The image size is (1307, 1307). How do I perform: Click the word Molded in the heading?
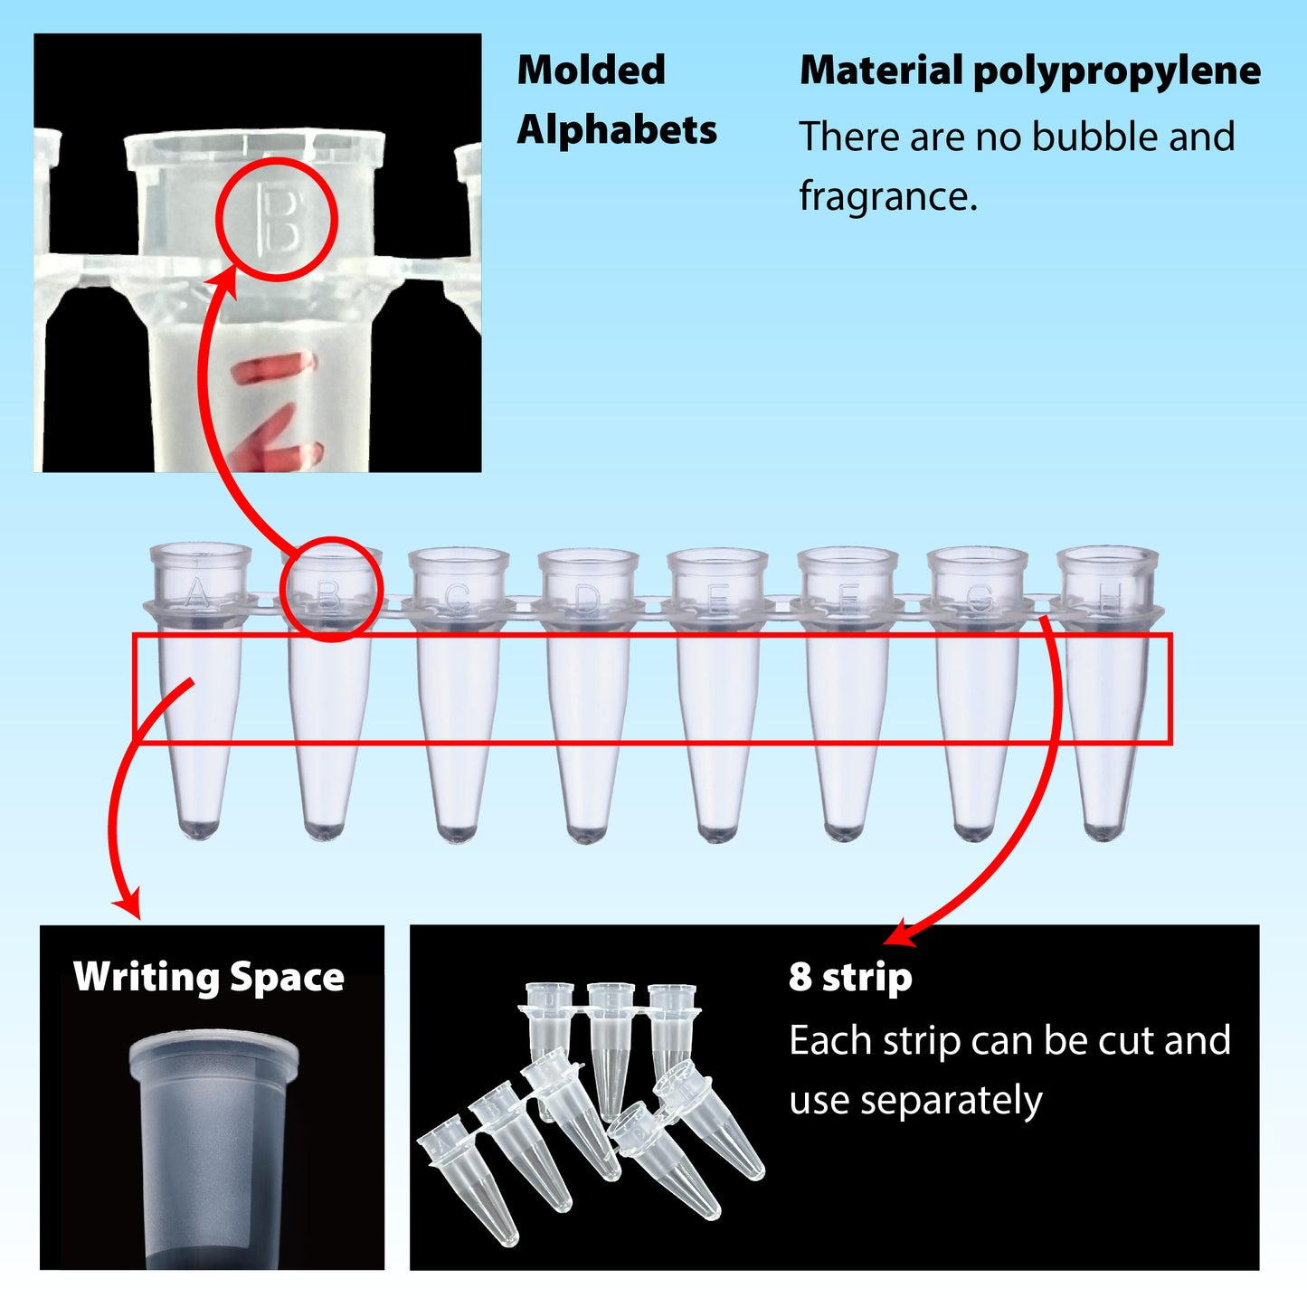pyautogui.click(x=591, y=71)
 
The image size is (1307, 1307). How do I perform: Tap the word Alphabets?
pyautogui.click(x=617, y=130)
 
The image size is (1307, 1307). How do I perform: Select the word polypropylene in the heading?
pyautogui.click(x=1116, y=71)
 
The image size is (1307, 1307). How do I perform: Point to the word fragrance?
pyautogui.click(x=886, y=196)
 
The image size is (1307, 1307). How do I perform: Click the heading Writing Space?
pyautogui.click(x=209, y=978)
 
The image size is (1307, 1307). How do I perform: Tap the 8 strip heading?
pyautogui.click(x=850, y=978)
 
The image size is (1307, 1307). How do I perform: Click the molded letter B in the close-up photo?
pyautogui.click(x=278, y=219)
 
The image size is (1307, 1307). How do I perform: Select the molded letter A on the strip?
pyautogui.click(x=197, y=595)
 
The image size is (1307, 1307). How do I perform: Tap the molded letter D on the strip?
pyautogui.click(x=588, y=598)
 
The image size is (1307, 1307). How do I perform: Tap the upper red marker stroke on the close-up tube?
pyautogui.click(x=273, y=368)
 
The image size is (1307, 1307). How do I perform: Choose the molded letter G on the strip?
pyautogui.click(x=980, y=598)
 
